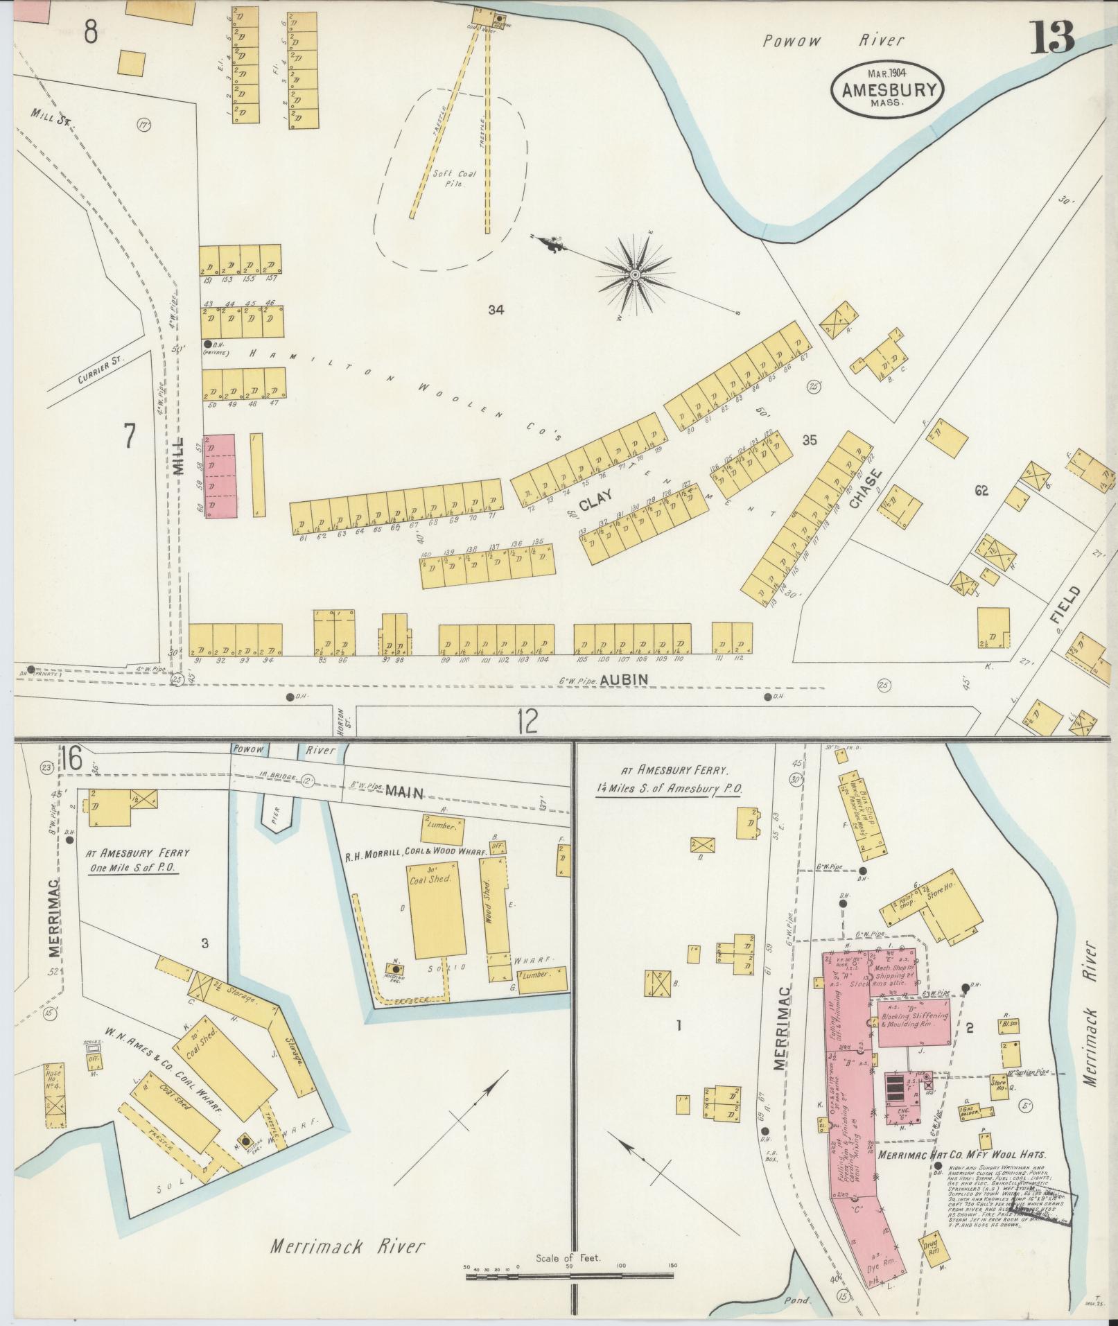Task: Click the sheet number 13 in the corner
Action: (1051, 37)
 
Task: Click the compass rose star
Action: (635, 275)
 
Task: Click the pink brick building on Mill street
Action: (221, 476)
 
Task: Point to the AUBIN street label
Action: (624, 680)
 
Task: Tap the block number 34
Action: (495, 310)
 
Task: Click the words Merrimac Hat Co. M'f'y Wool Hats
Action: (961, 1155)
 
